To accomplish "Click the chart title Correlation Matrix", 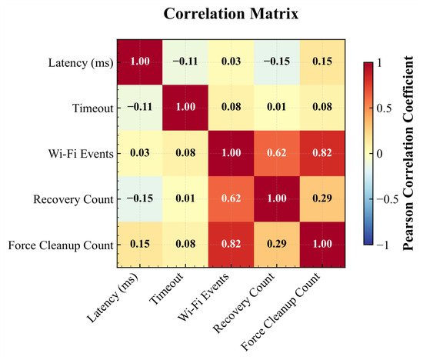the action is coord(231,14).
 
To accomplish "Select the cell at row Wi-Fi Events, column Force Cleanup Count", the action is coord(322,153).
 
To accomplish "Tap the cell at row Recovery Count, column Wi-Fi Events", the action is coord(231,199).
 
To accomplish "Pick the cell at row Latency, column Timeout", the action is coord(185,62).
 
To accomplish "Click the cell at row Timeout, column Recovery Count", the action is coord(277,108).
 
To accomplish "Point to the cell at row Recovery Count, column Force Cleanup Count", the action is coord(322,199).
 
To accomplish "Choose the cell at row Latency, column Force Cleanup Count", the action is coord(322,62).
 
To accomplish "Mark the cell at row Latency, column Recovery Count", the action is coord(277,62).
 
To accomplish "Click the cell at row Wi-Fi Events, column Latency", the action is coord(140,153).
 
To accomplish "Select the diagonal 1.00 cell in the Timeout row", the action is coord(185,108).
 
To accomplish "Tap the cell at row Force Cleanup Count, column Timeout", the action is coord(185,245).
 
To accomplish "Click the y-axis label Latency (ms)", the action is coord(81,63).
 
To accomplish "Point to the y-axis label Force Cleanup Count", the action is coord(61,245).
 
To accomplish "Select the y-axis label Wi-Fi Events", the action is coord(81,154).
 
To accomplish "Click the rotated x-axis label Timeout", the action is coord(167,288).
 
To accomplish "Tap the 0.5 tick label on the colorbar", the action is coord(384,108).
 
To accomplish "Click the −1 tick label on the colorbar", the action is coord(382,245).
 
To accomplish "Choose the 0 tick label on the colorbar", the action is coord(379,154).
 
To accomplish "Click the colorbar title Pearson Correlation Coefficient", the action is coord(408,153).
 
